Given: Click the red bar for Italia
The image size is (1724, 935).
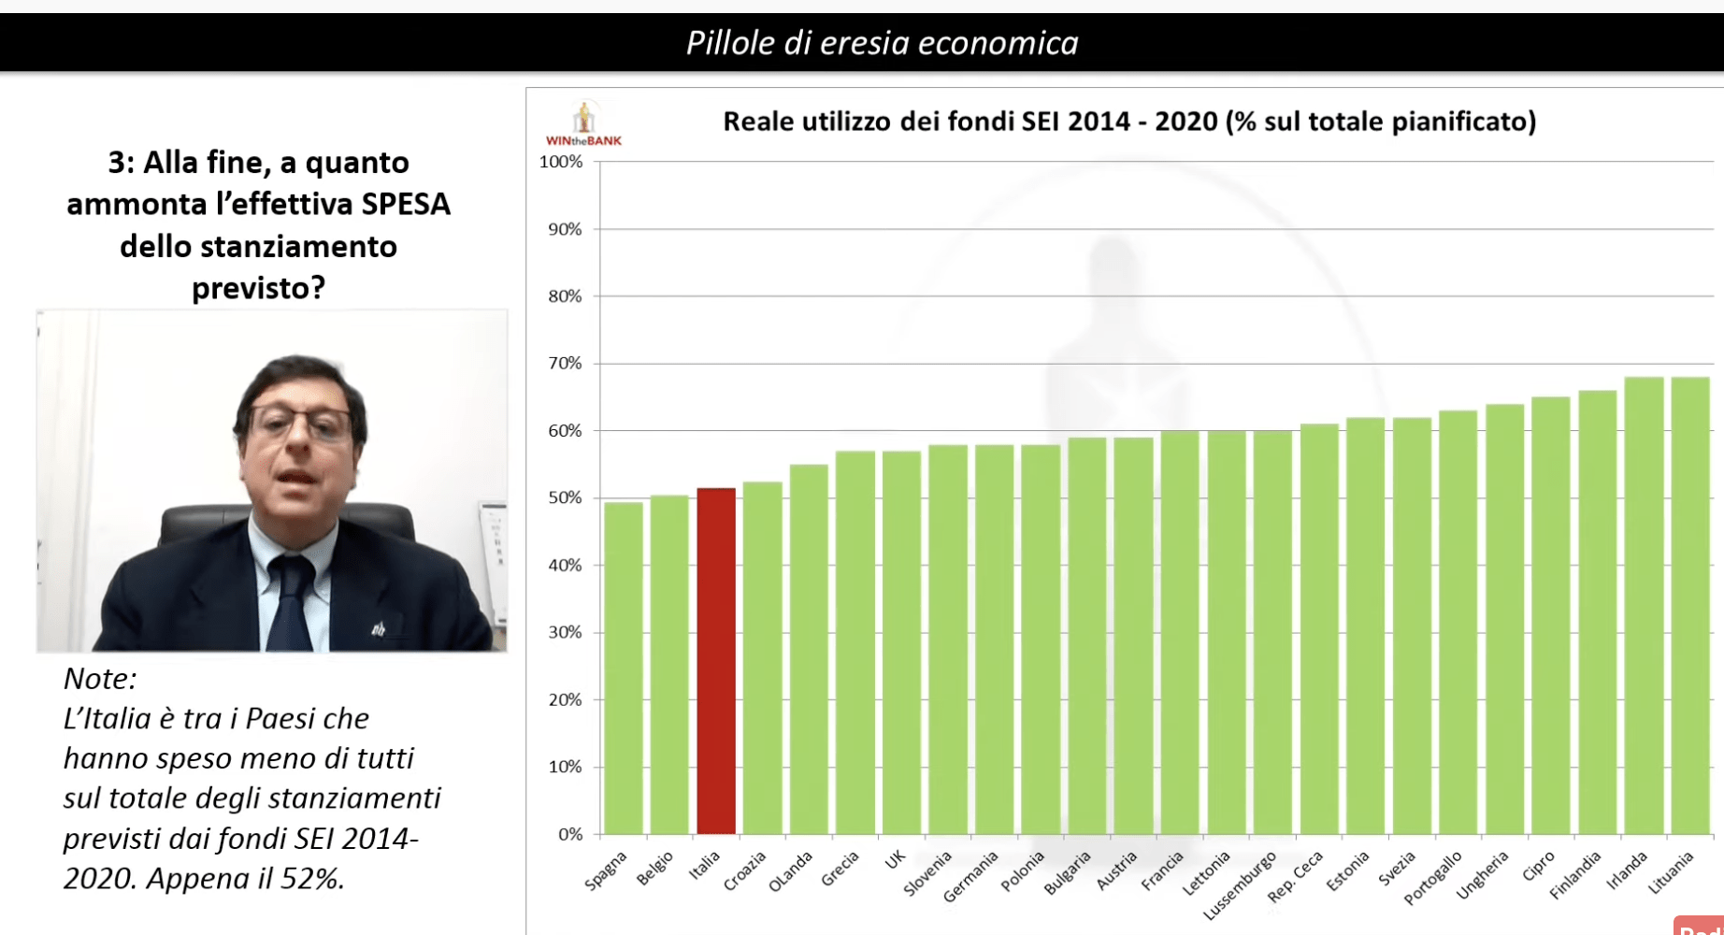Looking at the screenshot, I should click(x=716, y=661).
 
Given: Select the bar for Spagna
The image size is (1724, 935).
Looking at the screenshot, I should click(x=624, y=669).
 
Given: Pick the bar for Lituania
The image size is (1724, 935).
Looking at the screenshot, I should click(x=1689, y=606).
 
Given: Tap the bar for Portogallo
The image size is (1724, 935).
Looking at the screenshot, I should click(x=1458, y=622).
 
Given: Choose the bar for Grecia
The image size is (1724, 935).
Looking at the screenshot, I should click(x=855, y=642).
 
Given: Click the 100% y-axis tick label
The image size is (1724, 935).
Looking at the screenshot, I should click(x=561, y=162).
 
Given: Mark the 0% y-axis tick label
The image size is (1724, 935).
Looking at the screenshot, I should click(x=569, y=834).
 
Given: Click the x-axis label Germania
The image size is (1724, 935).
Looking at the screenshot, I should click(x=970, y=878).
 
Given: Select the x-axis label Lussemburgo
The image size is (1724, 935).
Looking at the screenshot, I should click(x=1240, y=885).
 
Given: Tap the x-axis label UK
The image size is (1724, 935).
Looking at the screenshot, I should click(x=895, y=861).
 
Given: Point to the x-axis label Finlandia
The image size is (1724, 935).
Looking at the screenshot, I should click(x=1575, y=876).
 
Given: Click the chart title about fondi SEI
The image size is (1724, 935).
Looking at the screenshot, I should click(x=1129, y=122).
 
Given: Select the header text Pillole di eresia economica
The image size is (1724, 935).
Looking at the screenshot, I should click(x=882, y=43).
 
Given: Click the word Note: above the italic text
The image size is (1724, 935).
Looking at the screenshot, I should click(x=100, y=678).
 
